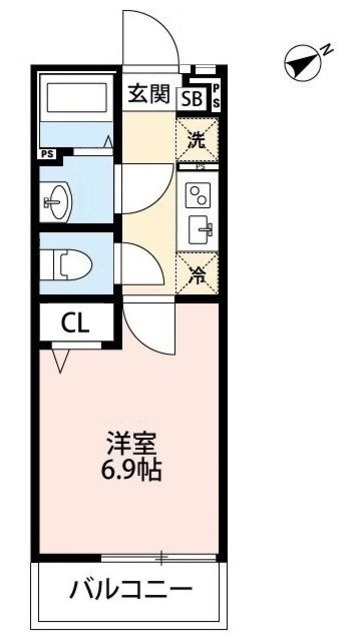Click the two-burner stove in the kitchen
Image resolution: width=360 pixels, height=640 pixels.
coord(199,196)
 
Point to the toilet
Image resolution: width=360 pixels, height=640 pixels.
coord(70,265)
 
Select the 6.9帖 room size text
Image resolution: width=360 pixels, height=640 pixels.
coord(131,470)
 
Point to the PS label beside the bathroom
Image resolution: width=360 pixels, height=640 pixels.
coord(47,153)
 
